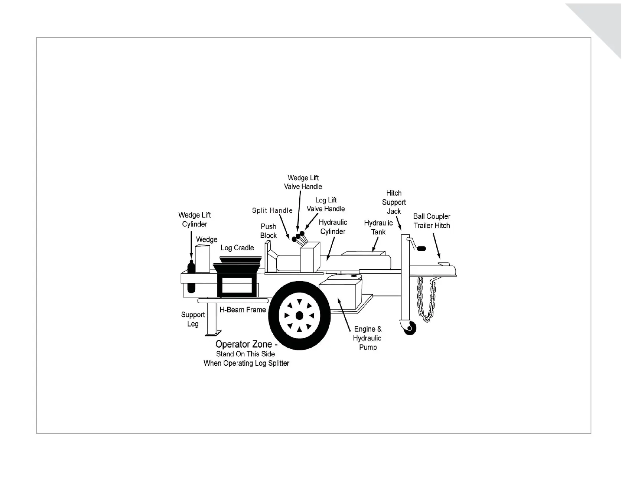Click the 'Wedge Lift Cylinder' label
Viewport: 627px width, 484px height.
[194, 219]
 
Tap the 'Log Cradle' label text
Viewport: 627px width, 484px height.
[237, 248]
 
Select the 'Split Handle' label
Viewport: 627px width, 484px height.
[272, 210]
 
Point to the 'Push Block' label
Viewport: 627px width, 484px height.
[268, 231]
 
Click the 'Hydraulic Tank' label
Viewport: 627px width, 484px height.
[378, 227]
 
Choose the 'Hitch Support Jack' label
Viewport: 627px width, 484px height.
[394, 202]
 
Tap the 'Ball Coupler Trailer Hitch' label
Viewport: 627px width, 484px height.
[432, 221]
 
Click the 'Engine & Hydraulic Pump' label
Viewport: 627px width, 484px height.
[367, 338]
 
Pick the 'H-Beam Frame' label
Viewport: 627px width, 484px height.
[243, 310]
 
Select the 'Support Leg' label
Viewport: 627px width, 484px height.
[193, 319]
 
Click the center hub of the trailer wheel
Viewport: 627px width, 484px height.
[299, 315]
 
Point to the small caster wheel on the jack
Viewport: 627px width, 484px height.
[410, 328]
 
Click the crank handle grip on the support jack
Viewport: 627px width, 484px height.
[421, 249]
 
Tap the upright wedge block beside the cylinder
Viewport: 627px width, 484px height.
[203, 259]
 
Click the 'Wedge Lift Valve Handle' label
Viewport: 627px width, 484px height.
[303, 182]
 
